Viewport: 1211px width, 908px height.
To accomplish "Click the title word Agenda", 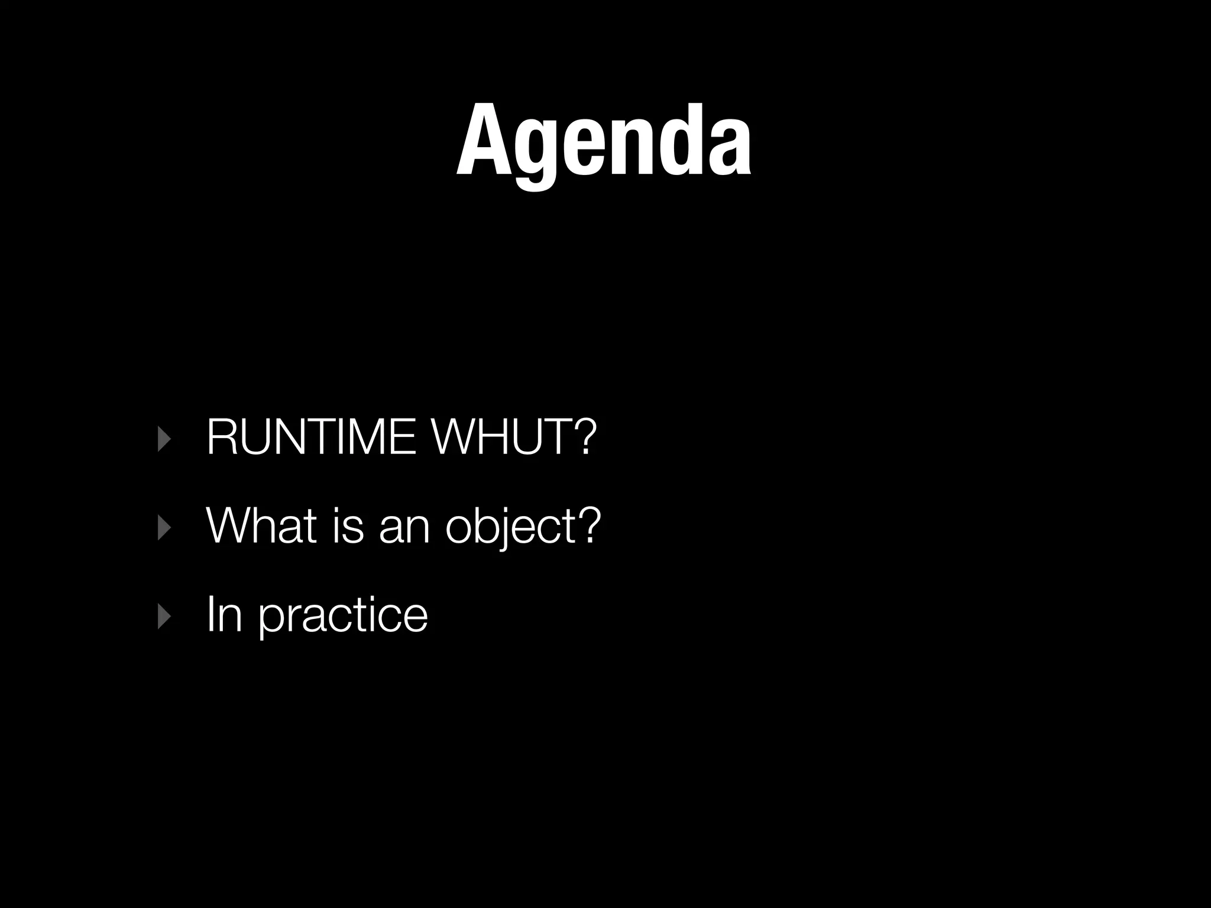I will pyautogui.click(x=604, y=142).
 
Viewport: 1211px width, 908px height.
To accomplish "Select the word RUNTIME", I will pyautogui.click(x=312, y=437).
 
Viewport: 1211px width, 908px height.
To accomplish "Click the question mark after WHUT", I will pyautogui.click(x=579, y=437).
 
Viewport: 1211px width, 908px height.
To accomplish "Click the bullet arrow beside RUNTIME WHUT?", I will pyautogui.click(x=164, y=440).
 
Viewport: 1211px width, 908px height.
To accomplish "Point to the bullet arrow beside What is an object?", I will pyautogui.click(x=164, y=528).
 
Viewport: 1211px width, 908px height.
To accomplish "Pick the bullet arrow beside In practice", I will pyautogui.click(x=164, y=617).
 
